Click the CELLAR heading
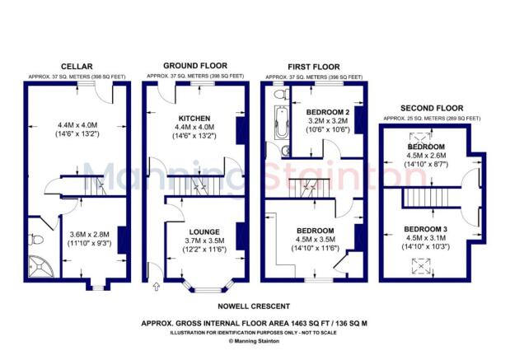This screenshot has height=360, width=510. click(75, 67)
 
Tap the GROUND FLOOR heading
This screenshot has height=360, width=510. click(195, 65)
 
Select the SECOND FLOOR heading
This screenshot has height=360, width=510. click(431, 108)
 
